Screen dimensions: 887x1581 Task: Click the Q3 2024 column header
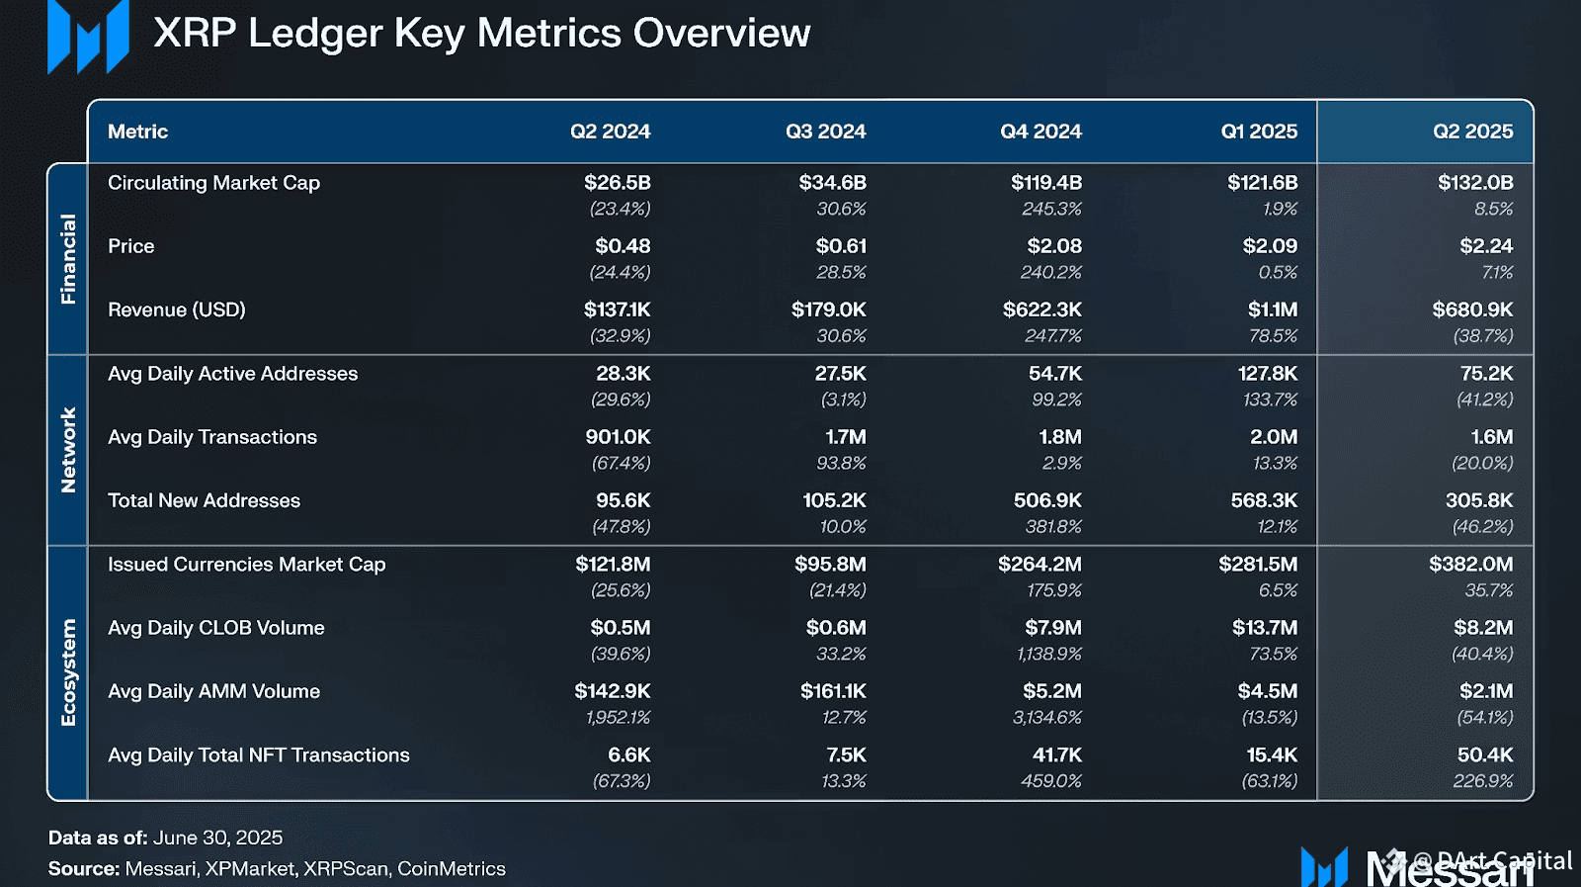(825, 132)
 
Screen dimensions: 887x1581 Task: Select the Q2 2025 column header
(1472, 132)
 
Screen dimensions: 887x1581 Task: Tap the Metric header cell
(137, 132)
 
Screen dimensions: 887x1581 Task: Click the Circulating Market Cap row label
(213, 183)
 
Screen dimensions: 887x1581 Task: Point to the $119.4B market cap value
(1045, 183)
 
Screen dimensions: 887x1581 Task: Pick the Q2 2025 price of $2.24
(1486, 246)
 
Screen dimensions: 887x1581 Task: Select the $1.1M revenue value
(1272, 310)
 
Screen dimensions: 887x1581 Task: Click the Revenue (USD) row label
(177, 310)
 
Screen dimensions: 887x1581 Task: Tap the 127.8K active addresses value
(1267, 374)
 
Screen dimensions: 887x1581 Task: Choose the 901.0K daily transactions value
(618, 437)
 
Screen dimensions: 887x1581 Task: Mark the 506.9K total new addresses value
(1047, 500)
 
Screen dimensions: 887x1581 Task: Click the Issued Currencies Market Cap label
(246, 565)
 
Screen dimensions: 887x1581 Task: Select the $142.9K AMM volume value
(613, 691)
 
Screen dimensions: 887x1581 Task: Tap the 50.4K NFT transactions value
(1484, 754)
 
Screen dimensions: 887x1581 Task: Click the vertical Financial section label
(68, 259)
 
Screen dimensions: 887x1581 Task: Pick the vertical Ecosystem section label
(68, 672)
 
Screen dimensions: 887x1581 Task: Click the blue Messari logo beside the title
(88, 37)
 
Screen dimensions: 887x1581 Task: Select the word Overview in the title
(721, 34)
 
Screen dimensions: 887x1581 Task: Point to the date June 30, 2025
(217, 838)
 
